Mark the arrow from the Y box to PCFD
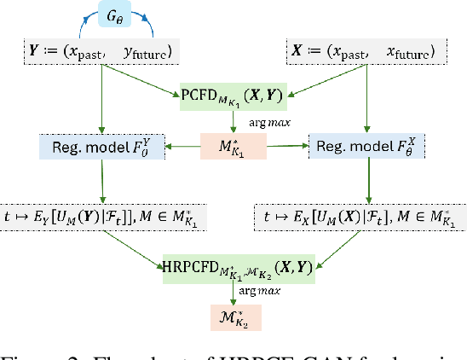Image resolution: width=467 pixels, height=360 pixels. (x=140, y=80)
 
